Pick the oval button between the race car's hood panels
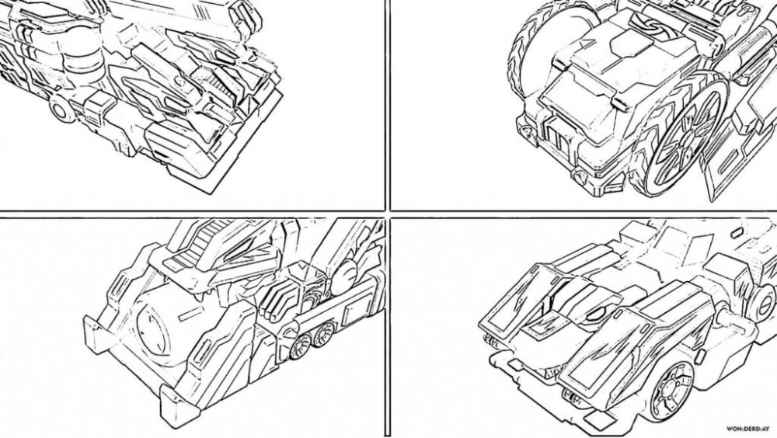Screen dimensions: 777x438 pyautogui.click(x=598, y=315)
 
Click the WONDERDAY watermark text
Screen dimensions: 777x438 pyautogui.click(x=747, y=429)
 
